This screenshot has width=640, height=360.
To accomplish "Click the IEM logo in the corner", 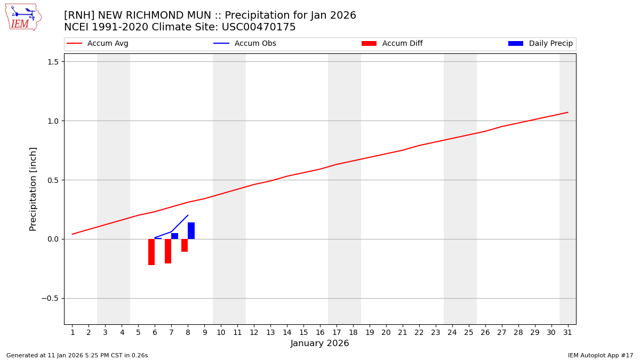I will [23, 17].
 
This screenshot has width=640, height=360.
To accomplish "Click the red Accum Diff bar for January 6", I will [151, 252].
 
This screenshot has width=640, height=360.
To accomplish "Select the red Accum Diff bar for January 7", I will [168, 251].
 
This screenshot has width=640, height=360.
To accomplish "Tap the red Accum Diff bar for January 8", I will [185, 245].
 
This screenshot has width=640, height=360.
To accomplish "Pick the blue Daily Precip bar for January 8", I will [191, 231].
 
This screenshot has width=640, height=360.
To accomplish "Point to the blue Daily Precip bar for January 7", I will [174, 236].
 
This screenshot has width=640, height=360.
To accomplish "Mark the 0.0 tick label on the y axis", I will [52, 239].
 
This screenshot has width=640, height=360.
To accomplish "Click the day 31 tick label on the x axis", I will [567, 333].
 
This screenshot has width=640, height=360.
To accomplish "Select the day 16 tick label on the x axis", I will [320, 333].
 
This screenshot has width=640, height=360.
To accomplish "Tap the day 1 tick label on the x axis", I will [73, 333].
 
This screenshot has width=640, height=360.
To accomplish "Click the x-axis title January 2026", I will [320, 343].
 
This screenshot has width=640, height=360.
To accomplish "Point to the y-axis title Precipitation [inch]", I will [33, 189].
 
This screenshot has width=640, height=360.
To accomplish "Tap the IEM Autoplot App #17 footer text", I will [601, 355].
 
